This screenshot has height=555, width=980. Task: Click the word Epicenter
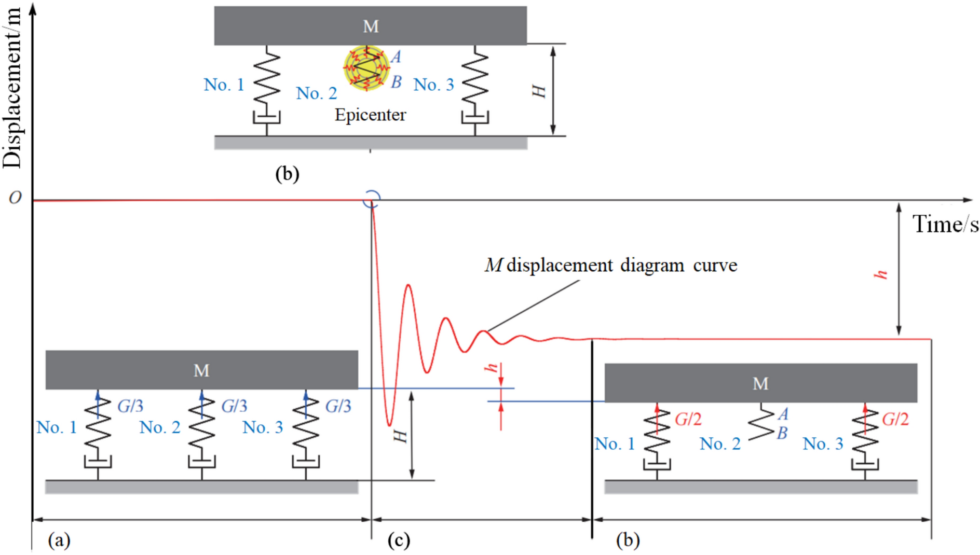pyautogui.click(x=370, y=115)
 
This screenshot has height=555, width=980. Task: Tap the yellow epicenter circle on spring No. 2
pyautogui.click(x=366, y=68)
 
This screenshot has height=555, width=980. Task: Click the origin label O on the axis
pyautogui.click(x=15, y=198)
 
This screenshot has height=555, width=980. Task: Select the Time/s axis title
pyautogui.click(x=945, y=225)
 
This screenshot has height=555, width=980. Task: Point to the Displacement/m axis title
pyautogui.click(x=12, y=88)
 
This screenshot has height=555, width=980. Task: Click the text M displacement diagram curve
pyautogui.click(x=611, y=266)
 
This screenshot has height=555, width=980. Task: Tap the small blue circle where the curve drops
pyautogui.click(x=371, y=199)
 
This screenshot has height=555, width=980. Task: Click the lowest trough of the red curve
pyautogui.click(x=389, y=425)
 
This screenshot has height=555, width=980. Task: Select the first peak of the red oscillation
pyautogui.click(x=409, y=285)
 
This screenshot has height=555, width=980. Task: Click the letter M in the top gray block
pyautogui.click(x=371, y=26)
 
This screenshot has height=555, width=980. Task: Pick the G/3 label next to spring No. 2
pyautogui.click(x=234, y=406)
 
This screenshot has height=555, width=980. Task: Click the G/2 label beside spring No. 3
pyautogui.click(x=895, y=419)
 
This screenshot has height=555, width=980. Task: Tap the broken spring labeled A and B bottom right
pyautogui.click(x=761, y=422)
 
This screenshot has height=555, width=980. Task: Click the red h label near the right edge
pyautogui.click(x=881, y=274)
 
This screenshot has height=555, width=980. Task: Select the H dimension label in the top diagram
pyautogui.click(x=539, y=91)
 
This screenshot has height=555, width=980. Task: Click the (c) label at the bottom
pyautogui.click(x=399, y=540)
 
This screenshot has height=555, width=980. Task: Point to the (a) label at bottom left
pyautogui.click(x=59, y=540)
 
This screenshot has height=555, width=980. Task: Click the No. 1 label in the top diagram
pyautogui.click(x=224, y=85)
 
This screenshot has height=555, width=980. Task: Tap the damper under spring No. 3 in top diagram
pyautogui.click(x=474, y=118)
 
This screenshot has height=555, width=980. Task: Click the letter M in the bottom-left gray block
pyautogui.click(x=201, y=370)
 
